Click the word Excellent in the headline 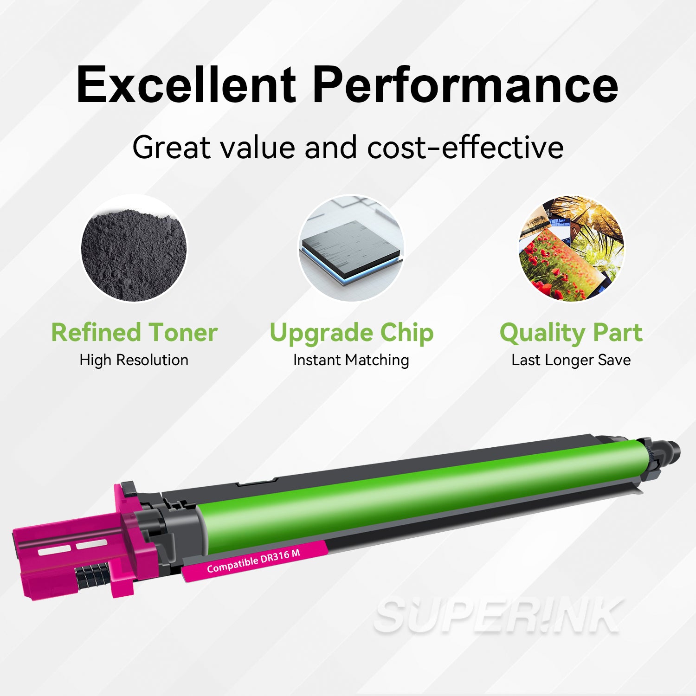[186, 85]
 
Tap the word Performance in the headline [465, 85]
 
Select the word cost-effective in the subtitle [465, 148]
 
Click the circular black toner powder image [134, 249]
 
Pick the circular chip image [351, 249]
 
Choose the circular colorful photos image [571, 249]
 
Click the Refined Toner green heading [134, 333]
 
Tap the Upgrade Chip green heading [351, 333]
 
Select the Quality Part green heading [571, 333]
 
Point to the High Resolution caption [134, 360]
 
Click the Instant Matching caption [351, 360]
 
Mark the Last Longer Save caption [571, 360]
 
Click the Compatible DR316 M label [253, 561]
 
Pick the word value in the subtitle [258, 148]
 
